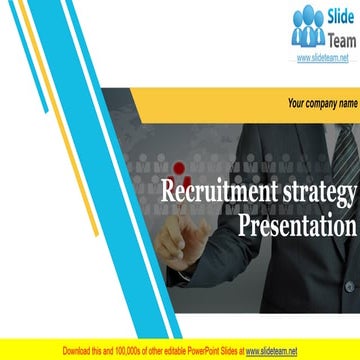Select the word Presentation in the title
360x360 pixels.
(297, 225)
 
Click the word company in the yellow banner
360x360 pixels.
(323, 103)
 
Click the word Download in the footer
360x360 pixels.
(79, 351)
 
